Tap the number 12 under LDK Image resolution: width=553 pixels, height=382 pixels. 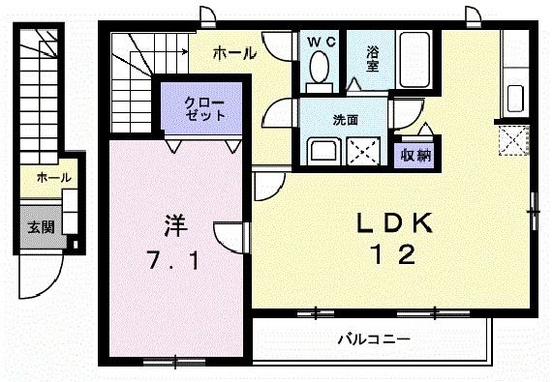[x=393, y=255]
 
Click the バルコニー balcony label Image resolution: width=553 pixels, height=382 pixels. [x=374, y=339]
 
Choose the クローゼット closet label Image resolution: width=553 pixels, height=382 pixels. [x=206, y=107]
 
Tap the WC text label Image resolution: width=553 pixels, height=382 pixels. [x=320, y=43]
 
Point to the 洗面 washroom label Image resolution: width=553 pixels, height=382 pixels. [x=346, y=121]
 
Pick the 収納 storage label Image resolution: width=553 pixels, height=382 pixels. [x=415, y=154]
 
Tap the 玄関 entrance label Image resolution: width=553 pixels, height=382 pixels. [x=40, y=228]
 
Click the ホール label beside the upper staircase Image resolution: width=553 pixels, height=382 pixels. [x=233, y=53]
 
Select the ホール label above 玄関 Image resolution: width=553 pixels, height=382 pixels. [x=46, y=178]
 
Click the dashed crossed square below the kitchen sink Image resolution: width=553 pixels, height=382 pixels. [x=513, y=141]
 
